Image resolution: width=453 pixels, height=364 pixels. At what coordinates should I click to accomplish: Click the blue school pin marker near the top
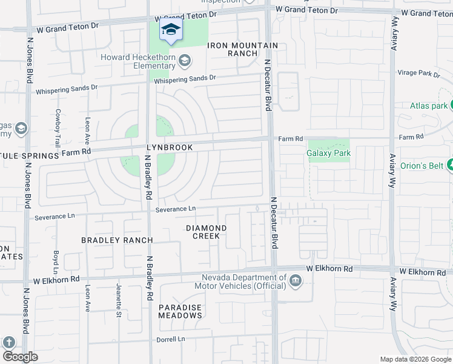click(x=171, y=30)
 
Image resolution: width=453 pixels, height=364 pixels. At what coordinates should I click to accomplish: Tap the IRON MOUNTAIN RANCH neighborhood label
click(x=242, y=50)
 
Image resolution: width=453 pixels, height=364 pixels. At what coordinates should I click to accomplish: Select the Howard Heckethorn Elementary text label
click(x=138, y=61)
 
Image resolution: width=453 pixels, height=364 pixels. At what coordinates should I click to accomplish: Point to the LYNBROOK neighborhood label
click(x=169, y=147)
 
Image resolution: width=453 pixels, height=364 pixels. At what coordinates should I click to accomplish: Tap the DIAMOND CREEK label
click(x=206, y=232)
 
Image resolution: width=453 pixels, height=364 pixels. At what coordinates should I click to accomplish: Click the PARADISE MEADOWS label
click(x=180, y=311)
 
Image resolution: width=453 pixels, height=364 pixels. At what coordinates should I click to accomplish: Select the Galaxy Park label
click(x=329, y=153)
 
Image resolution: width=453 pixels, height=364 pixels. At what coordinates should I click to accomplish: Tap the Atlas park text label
click(x=429, y=106)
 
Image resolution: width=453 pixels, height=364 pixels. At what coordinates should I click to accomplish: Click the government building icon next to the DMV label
click(x=295, y=280)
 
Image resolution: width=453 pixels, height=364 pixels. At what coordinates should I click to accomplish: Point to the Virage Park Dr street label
click(x=418, y=73)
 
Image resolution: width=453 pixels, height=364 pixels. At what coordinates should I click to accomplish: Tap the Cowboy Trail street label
click(x=58, y=127)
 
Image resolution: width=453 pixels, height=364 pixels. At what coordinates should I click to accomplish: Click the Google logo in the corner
click(x=20, y=357)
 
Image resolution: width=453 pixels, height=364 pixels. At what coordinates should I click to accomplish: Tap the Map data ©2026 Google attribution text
click(x=415, y=359)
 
